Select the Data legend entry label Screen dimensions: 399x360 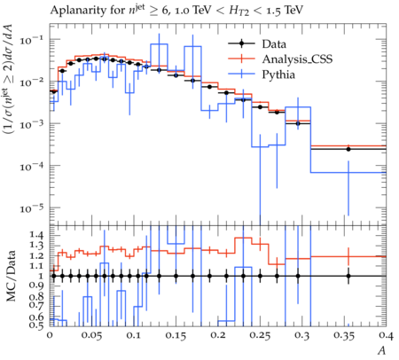274,44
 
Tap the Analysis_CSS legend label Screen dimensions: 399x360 297,59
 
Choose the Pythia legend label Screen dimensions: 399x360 278,74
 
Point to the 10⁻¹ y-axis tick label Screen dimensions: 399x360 31,40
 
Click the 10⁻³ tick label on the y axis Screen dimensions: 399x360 31,124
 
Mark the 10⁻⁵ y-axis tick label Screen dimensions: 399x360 31,208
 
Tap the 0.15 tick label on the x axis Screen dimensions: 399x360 176,336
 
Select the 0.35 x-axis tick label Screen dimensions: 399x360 344,336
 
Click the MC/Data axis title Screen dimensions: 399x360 12,276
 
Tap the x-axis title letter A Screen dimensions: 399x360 382,351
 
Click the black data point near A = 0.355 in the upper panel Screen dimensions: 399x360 348,149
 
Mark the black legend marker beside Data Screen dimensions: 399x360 241,44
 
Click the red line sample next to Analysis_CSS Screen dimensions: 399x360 241,59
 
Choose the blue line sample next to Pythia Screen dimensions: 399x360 241,74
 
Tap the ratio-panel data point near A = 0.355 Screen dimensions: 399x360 348,276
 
